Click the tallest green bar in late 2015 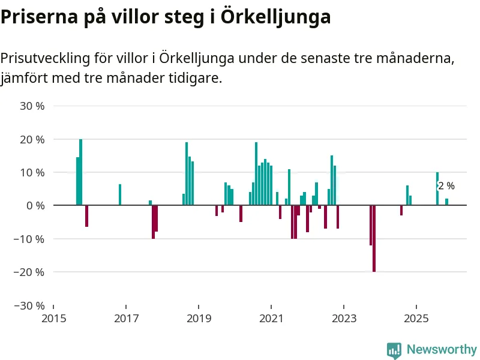80,172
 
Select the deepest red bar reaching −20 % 374,238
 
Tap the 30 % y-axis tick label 32,106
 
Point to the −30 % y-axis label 29,305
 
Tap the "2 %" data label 446,186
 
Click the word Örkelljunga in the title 275,17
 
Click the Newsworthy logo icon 394,350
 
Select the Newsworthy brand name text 442,349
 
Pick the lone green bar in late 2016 120,194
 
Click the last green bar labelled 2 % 446,202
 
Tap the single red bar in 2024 401,210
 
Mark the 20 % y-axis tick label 32,139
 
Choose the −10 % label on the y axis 29,239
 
